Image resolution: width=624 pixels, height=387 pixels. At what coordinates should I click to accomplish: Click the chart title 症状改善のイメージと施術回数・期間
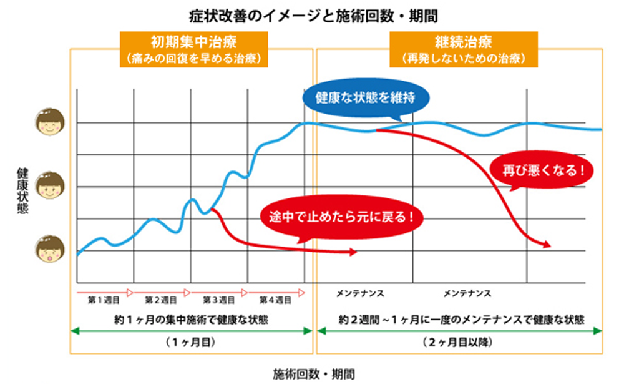click(311, 13)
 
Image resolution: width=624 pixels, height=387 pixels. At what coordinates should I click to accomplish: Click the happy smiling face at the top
click(50, 122)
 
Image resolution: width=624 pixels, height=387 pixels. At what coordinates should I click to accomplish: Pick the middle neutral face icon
click(50, 186)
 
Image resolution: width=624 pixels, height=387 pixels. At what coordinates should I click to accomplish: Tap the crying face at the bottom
click(50, 250)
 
